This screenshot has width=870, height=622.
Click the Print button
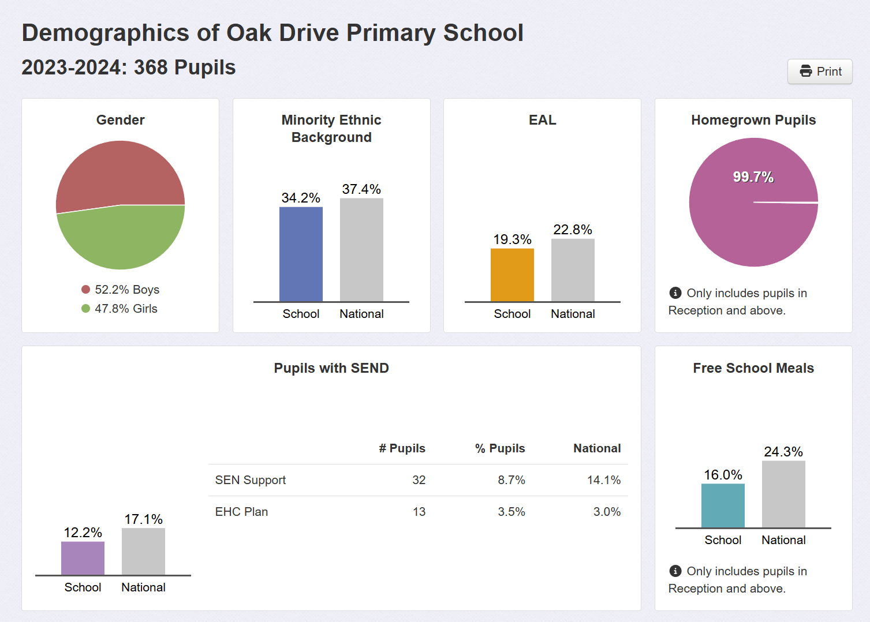pyautogui.click(x=820, y=72)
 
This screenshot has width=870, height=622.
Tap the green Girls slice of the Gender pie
pyautogui.click(x=121, y=239)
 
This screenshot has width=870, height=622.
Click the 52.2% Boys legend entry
pyautogui.click(x=121, y=290)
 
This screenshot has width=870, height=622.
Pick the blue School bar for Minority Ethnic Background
pyautogui.click(x=301, y=254)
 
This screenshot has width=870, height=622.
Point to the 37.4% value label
pyautogui.click(x=361, y=189)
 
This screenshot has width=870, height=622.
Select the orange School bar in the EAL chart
pyautogui.click(x=512, y=275)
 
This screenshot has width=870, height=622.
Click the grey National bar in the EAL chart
pyautogui.click(x=573, y=270)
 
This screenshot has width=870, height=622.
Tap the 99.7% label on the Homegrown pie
pyautogui.click(x=753, y=177)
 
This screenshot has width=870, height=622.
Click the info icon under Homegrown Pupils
pyautogui.click(x=675, y=293)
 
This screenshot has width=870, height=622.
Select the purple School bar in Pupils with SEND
pyautogui.click(x=83, y=558)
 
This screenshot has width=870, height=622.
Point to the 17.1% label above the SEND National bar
pyautogui.click(x=143, y=519)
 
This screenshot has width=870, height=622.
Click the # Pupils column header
pyautogui.click(x=402, y=448)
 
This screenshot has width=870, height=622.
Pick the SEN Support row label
pyautogui.click(x=250, y=480)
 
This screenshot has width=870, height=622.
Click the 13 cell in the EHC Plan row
pyautogui.click(x=419, y=512)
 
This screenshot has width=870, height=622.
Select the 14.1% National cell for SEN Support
pyautogui.click(x=603, y=480)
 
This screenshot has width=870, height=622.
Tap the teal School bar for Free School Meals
pyautogui.click(x=723, y=505)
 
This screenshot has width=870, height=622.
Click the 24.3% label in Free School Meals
pyautogui.click(x=783, y=452)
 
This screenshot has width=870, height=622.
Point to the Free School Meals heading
pyautogui.click(x=753, y=368)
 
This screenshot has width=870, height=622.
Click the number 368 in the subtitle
pyautogui.click(x=151, y=68)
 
